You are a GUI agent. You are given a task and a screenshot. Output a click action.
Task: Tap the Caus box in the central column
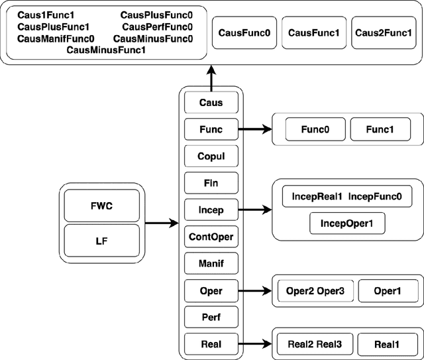click(x=211, y=102)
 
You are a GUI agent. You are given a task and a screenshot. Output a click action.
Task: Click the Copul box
click(x=211, y=156)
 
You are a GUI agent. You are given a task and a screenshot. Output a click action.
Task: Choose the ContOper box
click(x=211, y=236)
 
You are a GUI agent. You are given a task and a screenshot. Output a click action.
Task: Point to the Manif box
click(x=211, y=263)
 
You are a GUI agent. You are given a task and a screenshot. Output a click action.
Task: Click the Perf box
click(x=211, y=317)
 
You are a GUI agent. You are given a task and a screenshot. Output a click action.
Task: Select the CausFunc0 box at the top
click(x=243, y=32)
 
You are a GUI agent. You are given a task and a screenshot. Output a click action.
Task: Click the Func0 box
click(x=314, y=129)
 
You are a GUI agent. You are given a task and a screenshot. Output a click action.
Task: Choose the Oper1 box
click(x=388, y=291)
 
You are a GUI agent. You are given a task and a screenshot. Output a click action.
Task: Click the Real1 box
click(x=388, y=344)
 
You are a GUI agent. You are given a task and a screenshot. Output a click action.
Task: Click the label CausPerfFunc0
click(x=157, y=27)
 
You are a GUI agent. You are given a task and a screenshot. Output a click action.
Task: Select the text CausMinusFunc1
click(x=106, y=50)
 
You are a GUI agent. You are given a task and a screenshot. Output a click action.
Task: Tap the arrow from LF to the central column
click(x=162, y=223)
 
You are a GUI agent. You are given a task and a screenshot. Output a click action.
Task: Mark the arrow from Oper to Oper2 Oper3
click(x=254, y=290)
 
